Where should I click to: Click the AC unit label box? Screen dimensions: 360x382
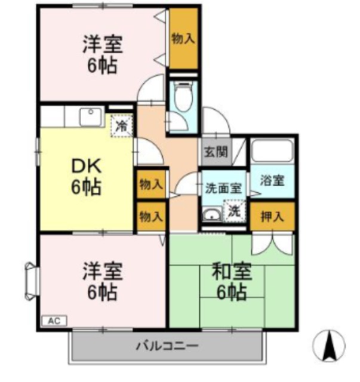click(x=54, y=321)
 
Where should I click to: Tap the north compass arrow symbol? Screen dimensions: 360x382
click(x=329, y=345)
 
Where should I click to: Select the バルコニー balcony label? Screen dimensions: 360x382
click(x=167, y=346)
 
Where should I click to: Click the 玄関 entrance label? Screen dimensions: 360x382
click(x=216, y=152)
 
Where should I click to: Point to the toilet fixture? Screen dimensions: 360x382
click(x=183, y=97)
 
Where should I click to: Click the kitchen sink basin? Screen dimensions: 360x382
click(x=91, y=117)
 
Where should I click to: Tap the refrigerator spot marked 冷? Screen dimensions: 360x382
click(x=122, y=126)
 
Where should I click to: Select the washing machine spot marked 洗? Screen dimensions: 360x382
click(x=235, y=211)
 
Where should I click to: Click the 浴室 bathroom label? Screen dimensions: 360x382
click(x=272, y=180)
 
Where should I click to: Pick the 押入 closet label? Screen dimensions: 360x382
click(x=272, y=216)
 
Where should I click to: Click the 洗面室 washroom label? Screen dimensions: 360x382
click(x=223, y=189)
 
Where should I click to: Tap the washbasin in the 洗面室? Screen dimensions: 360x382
click(x=212, y=215)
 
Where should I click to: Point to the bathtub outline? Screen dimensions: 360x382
click(x=272, y=150)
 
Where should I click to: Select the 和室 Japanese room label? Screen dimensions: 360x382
click(x=232, y=271)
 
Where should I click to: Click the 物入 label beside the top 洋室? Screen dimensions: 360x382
click(x=183, y=39)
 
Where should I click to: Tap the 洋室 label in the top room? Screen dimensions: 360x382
click(x=103, y=44)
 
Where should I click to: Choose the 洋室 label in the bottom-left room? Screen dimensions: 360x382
click(x=103, y=271)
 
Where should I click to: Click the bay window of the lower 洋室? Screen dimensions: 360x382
click(x=32, y=281)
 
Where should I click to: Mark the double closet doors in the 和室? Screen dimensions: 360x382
click(x=272, y=244)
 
